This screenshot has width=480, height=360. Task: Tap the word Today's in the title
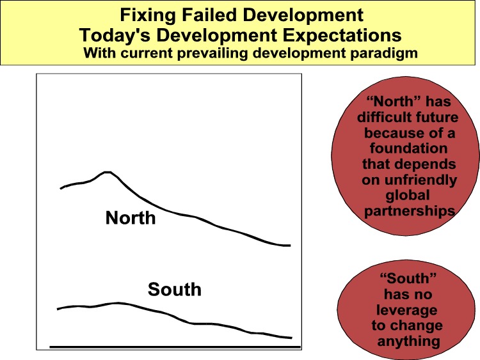pyautogui.click(x=115, y=35)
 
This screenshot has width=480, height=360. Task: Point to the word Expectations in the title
pyautogui.click(x=342, y=36)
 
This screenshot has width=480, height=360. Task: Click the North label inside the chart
pyautogui.click(x=131, y=218)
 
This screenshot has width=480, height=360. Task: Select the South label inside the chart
pyautogui.click(x=175, y=290)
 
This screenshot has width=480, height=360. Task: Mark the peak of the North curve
pyautogui.click(x=107, y=172)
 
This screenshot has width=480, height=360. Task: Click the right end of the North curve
pyautogui.click(x=289, y=246)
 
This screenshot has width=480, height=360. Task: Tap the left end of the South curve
pyautogui.click(x=58, y=309)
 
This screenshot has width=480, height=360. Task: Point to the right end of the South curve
pyautogui.click(x=291, y=338)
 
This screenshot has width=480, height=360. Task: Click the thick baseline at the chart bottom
pyautogui.click(x=175, y=347)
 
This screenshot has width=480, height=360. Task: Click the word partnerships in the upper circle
pyautogui.click(x=410, y=212)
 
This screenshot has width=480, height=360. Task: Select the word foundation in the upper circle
pyautogui.click(x=408, y=148)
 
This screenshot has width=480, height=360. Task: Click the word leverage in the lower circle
pyautogui.click(x=407, y=310)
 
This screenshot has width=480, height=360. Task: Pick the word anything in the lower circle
pyautogui.click(x=409, y=341)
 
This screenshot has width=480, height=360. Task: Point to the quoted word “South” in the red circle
pyautogui.click(x=408, y=278)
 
